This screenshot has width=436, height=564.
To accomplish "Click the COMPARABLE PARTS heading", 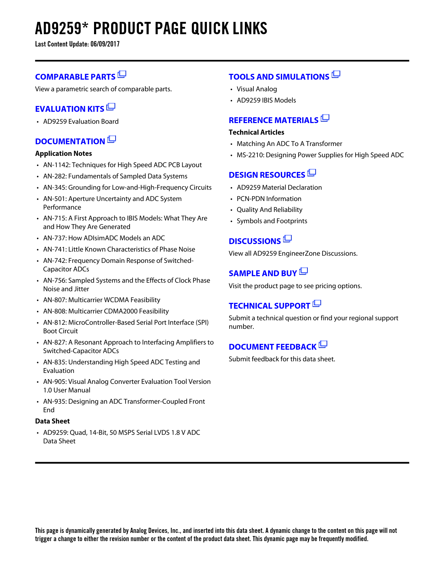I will (75, 77).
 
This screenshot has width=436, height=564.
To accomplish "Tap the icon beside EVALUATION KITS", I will (111, 107).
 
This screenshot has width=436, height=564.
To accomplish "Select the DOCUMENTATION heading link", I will (70, 142).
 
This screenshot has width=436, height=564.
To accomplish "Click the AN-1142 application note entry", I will (122, 165).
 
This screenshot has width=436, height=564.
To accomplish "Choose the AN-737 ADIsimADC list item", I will (104, 238).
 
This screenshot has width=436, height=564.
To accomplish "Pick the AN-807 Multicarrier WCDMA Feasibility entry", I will (102, 300).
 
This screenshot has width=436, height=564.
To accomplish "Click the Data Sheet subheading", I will (52, 421).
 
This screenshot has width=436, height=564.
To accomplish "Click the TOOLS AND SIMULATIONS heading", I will (279, 77).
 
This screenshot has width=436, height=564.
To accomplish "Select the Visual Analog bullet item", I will (256, 89).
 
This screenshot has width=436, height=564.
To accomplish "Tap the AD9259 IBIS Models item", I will (266, 100).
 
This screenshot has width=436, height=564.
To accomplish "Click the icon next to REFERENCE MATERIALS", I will (325, 118).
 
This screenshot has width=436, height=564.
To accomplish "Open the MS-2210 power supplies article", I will (320, 155).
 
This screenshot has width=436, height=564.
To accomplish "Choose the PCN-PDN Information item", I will (269, 199).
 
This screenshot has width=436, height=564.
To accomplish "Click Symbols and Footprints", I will (272, 221).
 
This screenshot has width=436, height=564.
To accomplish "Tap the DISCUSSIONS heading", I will (255, 241).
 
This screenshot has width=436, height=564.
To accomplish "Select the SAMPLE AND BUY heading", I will (263, 273).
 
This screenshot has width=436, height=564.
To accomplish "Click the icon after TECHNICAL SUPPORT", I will (317, 304).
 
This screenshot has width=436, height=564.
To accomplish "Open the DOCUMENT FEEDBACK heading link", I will (273, 347).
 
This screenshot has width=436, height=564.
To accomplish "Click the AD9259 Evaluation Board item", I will (81, 122).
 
